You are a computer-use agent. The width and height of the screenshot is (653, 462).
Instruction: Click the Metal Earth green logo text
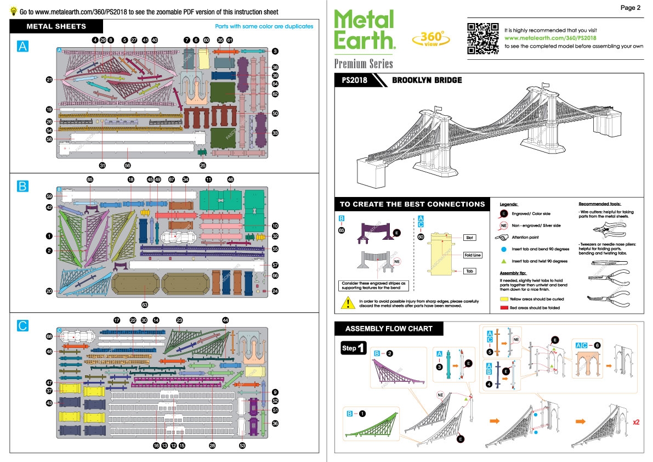pyautogui.click(x=365, y=30)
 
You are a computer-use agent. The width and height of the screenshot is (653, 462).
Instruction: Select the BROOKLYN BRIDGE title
pyautogui.click(x=427, y=80)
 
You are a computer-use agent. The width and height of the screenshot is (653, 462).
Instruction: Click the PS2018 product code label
pyautogui.click(x=354, y=80)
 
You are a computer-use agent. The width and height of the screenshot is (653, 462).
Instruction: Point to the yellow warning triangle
pyautogui.click(x=347, y=302)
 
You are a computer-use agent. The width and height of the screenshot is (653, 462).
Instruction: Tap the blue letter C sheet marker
pyautogui.click(x=22, y=326)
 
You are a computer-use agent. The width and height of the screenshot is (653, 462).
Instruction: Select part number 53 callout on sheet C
pyautogui.click(x=242, y=446)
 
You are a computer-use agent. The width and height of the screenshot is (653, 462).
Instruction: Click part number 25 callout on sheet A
pyautogui.click(x=203, y=165)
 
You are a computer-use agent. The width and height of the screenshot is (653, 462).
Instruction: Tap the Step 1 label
pyautogui.click(x=353, y=348)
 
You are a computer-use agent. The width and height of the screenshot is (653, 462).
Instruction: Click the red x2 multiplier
pyautogui.click(x=637, y=422)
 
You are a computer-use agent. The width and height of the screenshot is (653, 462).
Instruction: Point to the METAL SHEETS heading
pyautogui.click(x=56, y=26)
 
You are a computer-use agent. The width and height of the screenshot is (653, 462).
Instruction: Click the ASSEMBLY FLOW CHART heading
pyautogui.click(x=389, y=329)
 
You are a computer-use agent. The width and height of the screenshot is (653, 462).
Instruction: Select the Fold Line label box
pyautogui.click(x=473, y=255)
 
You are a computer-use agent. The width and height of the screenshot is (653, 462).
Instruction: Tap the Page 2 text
pyautogui.click(x=631, y=8)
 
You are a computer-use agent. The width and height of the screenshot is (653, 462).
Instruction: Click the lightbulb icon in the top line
pyautogui.click(x=13, y=11)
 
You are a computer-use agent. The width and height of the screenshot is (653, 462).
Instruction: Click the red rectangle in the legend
pyautogui.click(x=504, y=308)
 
